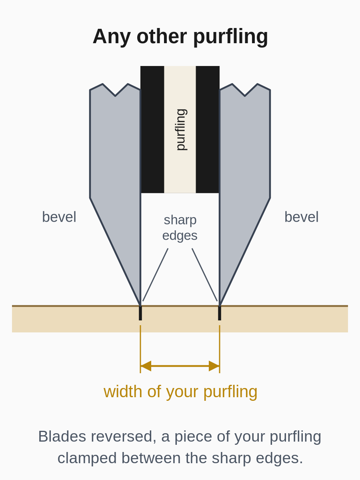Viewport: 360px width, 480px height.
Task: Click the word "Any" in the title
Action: pyautogui.click(x=112, y=37)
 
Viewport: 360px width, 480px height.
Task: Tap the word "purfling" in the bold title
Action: pyautogui.click(x=231, y=37)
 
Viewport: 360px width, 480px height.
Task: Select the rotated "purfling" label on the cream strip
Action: pyautogui.click(x=182, y=130)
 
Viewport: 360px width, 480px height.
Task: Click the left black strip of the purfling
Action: pyautogui.click(x=152, y=130)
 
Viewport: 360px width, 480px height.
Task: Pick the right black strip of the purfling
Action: pyautogui.click(x=208, y=130)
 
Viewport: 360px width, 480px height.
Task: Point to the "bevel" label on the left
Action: pyautogui.click(x=59, y=217)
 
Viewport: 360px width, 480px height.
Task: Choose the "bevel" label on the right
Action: pyautogui.click(x=302, y=217)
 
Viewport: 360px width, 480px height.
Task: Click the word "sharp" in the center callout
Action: pyautogui.click(x=180, y=220)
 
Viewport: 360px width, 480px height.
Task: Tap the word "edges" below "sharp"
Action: pyautogui.click(x=180, y=236)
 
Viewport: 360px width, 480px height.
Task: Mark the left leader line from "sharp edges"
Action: pyautogui.click(x=156, y=275)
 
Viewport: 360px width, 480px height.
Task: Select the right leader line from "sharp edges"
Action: pyautogui.click(x=204, y=275)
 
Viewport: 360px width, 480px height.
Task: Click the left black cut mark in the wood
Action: pyautogui.click(x=140, y=313)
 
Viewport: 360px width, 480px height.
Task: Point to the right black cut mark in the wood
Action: pyautogui.click(x=220, y=313)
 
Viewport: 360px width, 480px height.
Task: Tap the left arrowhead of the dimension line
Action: pyautogui.click(x=146, y=366)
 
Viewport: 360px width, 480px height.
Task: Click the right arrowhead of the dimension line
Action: pyautogui.click(x=214, y=366)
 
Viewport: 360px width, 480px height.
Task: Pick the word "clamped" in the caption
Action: pyautogui.click(x=87, y=458)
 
